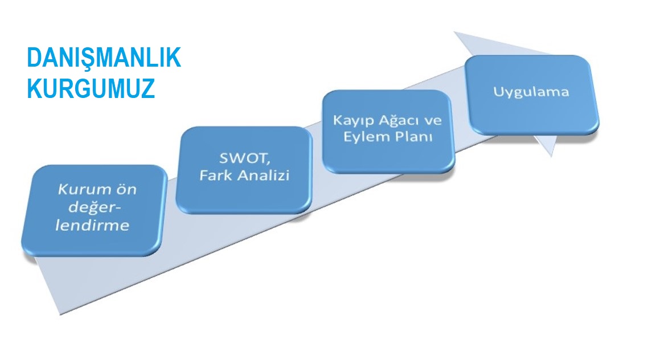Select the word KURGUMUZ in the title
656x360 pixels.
(91, 88)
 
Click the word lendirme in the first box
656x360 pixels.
(92, 225)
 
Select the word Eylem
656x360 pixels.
(362, 137)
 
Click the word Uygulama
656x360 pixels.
(531, 92)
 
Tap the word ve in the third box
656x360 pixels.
(433, 121)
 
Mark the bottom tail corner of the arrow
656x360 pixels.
(61, 314)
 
